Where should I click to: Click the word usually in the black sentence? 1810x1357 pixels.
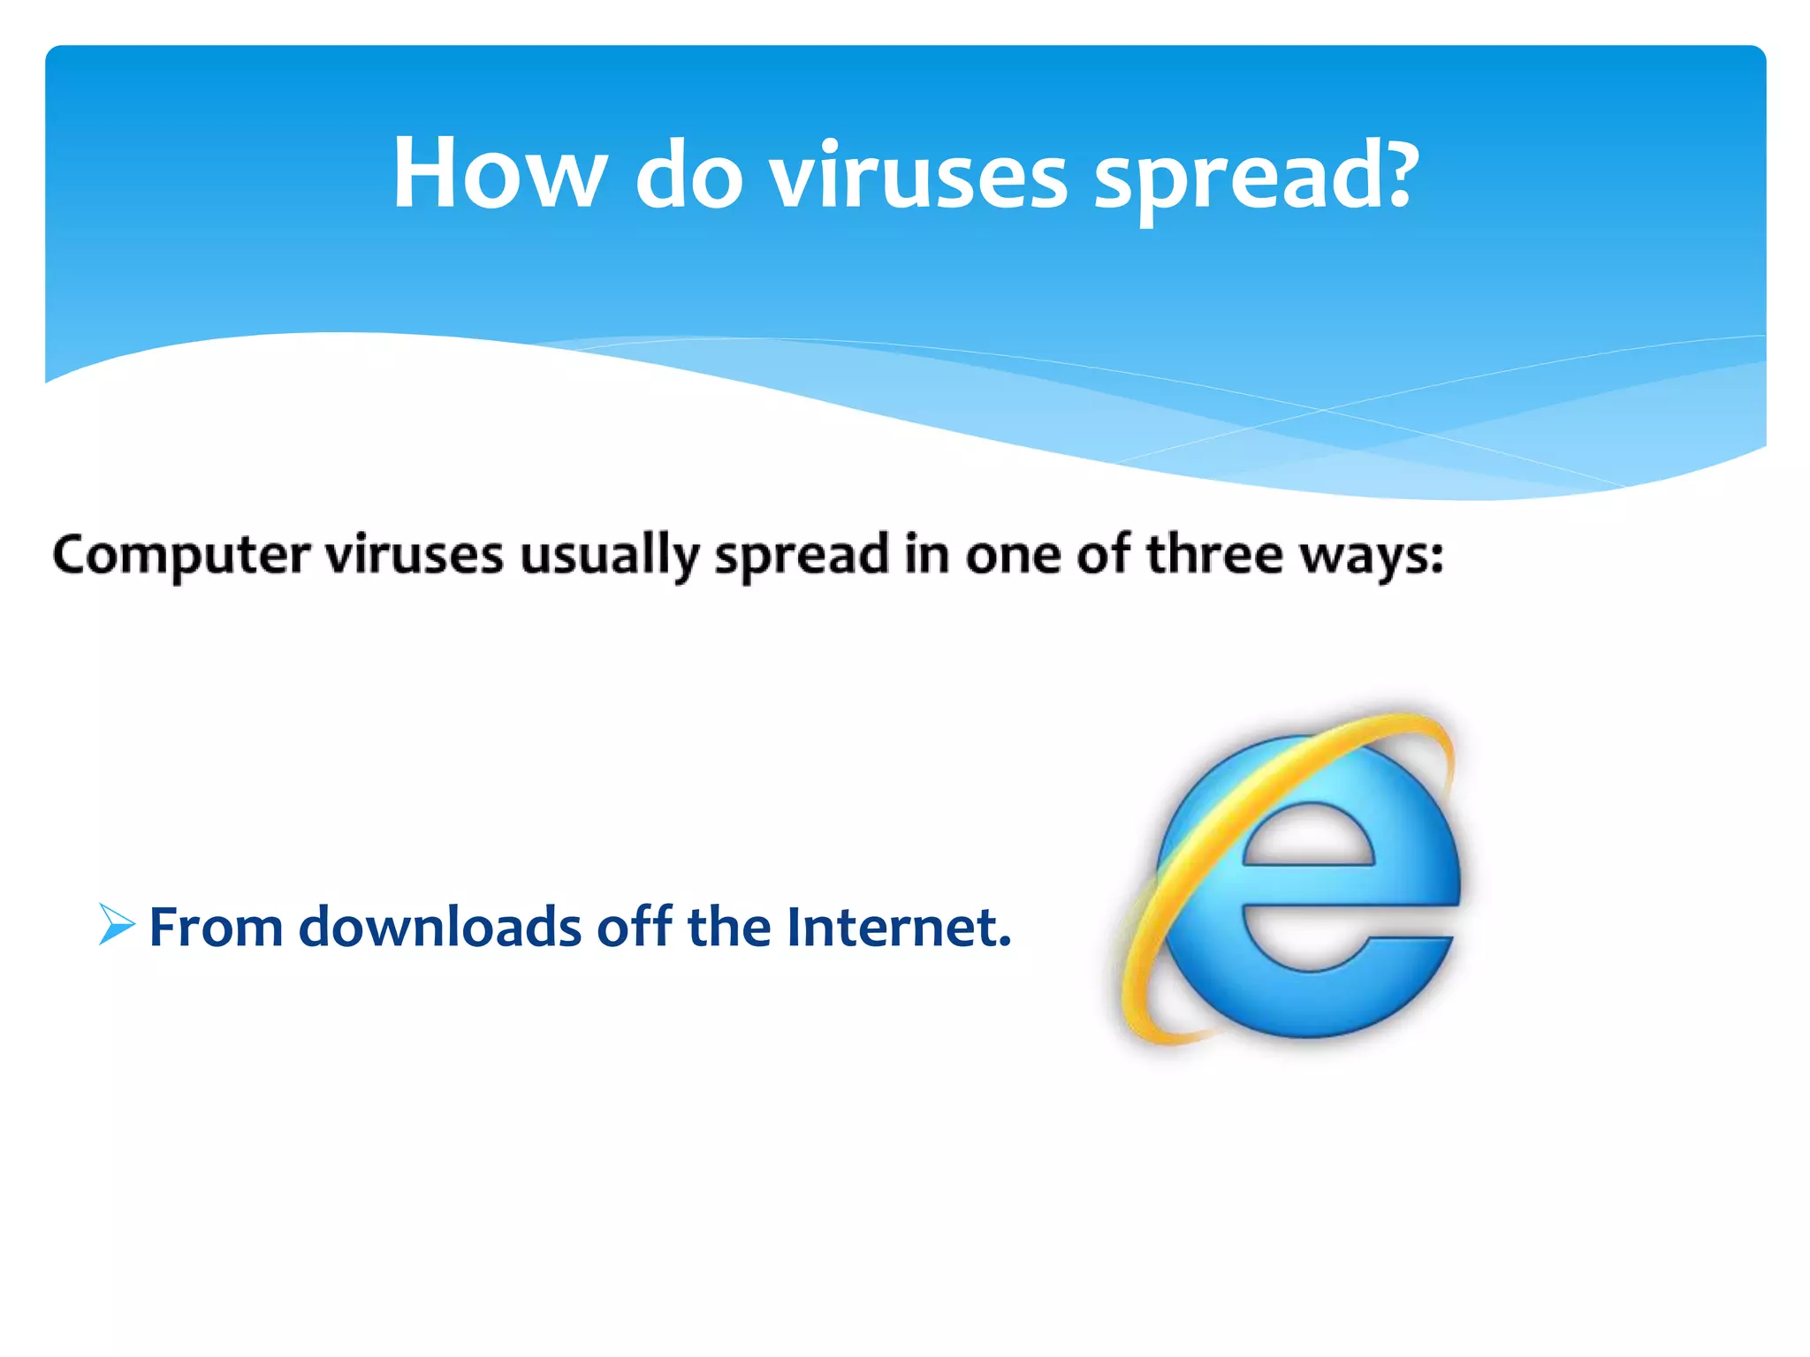pyautogui.click(x=610, y=557)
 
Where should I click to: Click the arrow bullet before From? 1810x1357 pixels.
pyautogui.click(x=117, y=925)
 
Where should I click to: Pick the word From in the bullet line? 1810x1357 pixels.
pyautogui.click(x=216, y=928)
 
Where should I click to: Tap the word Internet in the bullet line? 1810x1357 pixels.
pyautogui.click(x=898, y=927)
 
